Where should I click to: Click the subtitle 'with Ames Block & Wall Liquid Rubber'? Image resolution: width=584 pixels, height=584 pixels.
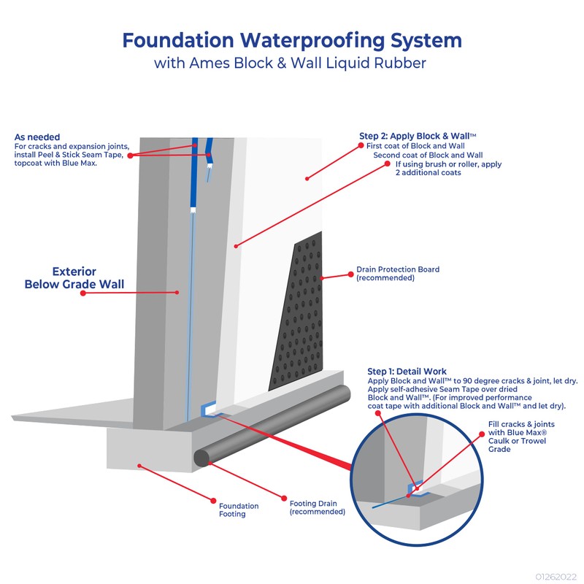290,63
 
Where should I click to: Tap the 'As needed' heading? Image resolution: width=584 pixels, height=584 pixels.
37,137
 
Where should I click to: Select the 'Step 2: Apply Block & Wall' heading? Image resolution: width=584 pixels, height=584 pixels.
418,136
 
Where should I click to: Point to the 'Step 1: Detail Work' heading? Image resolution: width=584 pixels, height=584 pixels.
407,372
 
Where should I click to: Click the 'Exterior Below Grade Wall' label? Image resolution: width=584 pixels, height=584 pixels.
74,278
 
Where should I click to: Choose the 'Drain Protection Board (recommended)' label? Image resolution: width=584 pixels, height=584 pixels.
398,273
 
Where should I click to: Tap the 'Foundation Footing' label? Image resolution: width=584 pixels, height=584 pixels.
239,510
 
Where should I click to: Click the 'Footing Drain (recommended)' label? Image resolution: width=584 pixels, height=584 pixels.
318,507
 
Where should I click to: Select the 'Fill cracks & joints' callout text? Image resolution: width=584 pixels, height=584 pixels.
521,424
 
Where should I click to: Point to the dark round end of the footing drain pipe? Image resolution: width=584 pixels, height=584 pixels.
201,458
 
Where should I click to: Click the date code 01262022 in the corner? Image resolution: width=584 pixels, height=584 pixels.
556,577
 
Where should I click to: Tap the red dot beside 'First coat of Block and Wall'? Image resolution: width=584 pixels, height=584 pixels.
361,145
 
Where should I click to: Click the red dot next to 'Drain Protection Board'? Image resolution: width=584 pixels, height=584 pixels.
350,274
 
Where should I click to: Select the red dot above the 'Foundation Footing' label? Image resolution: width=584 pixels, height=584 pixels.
213,501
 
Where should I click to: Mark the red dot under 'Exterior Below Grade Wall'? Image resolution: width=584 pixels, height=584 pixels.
83,293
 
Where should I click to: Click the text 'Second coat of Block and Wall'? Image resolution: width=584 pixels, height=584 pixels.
428,155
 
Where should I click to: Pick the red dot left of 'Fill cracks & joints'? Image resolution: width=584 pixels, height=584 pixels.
482,434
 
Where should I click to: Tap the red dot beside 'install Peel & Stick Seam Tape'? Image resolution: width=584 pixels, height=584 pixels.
130,155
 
